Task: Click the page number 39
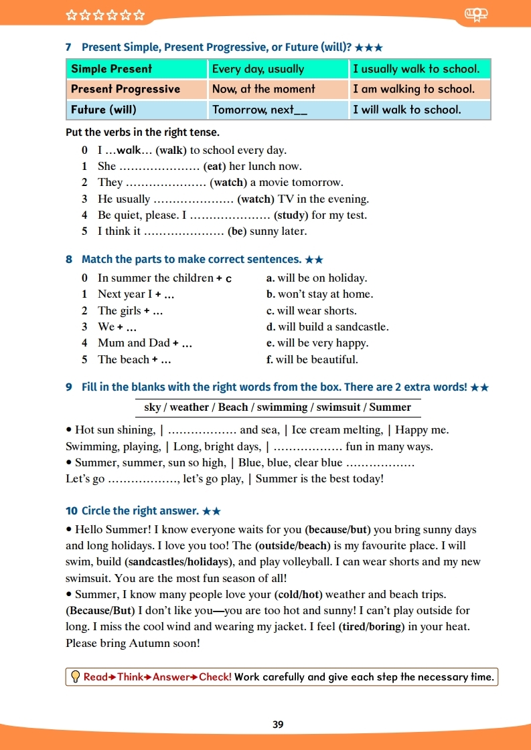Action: (x=279, y=725)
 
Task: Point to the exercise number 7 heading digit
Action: (x=69, y=48)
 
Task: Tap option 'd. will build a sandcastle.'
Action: (x=327, y=327)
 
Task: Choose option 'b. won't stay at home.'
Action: (x=319, y=294)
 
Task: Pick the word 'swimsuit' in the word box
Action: (x=338, y=407)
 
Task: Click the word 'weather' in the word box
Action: (x=189, y=407)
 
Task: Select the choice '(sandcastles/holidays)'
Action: (x=177, y=562)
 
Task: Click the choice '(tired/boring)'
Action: (x=372, y=627)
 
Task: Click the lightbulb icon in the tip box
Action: (x=76, y=677)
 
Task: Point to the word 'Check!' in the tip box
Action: (x=215, y=677)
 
